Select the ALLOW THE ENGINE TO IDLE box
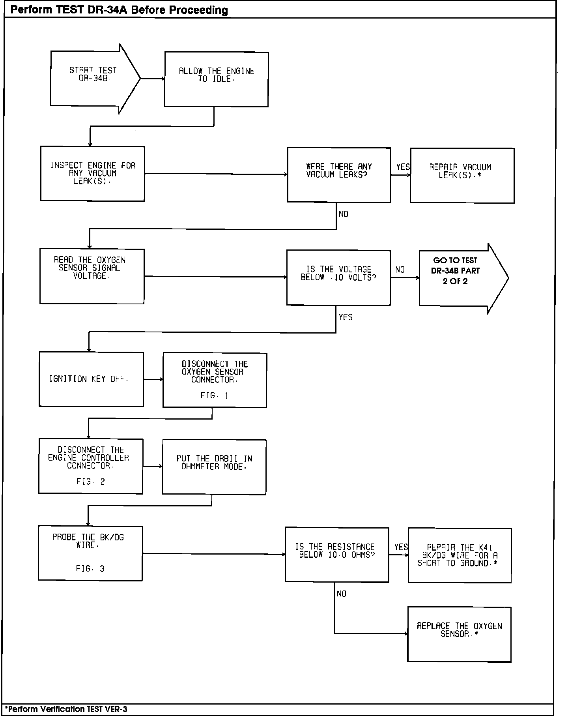tap(216, 79)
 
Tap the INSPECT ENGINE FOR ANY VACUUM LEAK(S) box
tap(92, 173)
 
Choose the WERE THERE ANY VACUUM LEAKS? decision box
tap(339, 175)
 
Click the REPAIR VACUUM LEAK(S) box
tap(462, 175)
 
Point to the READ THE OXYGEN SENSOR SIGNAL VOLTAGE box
tap(92, 276)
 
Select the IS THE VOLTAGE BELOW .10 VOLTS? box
tap(338, 277)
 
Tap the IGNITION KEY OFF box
tap(91, 379)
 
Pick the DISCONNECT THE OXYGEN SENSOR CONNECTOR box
tap(215, 380)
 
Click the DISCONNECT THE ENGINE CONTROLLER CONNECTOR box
tap(91, 466)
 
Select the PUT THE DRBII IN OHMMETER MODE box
tap(214, 467)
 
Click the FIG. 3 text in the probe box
tap(90, 568)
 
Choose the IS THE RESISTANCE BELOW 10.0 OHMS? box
tap(337, 554)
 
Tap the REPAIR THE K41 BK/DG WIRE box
tap(460, 555)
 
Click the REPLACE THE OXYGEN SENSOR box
tap(459, 634)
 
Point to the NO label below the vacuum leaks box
tap(343, 214)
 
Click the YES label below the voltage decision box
tap(346, 317)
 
